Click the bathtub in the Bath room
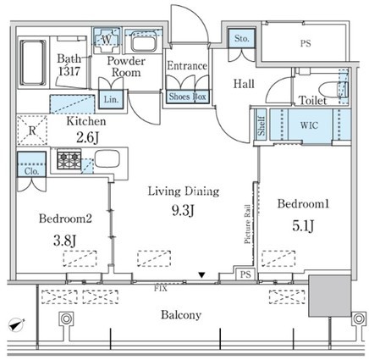[x=33, y=63]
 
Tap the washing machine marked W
[x=107, y=41]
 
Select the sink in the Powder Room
[x=144, y=42]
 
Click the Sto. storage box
[x=241, y=38]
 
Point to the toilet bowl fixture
[x=333, y=89]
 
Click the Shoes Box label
[x=188, y=97]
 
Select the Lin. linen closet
[x=111, y=99]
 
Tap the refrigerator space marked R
[x=32, y=130]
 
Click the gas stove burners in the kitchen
[x=69, y=160]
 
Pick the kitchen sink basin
[x=107, y=158]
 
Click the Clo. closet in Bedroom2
[x=31, y=164]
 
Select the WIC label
[x=309, y=125]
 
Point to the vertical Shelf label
[x=262, y=126]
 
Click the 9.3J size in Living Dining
[x=183, y=210]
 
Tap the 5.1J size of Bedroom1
[x=303, y=225]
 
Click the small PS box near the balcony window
[x=245, y=274]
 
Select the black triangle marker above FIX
[x=201, y=274]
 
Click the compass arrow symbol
[x=17, y=324]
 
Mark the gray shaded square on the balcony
[x=330, y=296]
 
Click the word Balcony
[x=181, y=315]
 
